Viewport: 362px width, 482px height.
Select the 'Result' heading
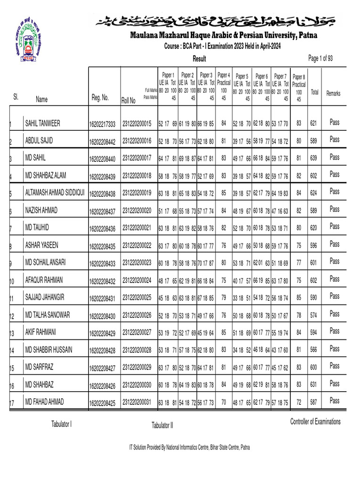point(199,58)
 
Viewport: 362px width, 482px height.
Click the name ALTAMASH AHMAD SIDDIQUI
point(55,193)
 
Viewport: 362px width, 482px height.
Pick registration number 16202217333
point(102,124)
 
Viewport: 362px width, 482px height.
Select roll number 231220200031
point(137,402)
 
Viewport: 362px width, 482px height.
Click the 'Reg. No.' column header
point(99,97)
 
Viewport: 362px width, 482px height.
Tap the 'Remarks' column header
point(333,94)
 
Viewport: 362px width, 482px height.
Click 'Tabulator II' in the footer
point(162,426)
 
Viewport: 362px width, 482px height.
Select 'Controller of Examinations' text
point(315,421)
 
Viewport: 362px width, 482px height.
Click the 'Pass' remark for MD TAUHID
point(334,226)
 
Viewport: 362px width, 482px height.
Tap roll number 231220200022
point(137,245)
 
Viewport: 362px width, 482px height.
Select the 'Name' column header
point(41,99)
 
